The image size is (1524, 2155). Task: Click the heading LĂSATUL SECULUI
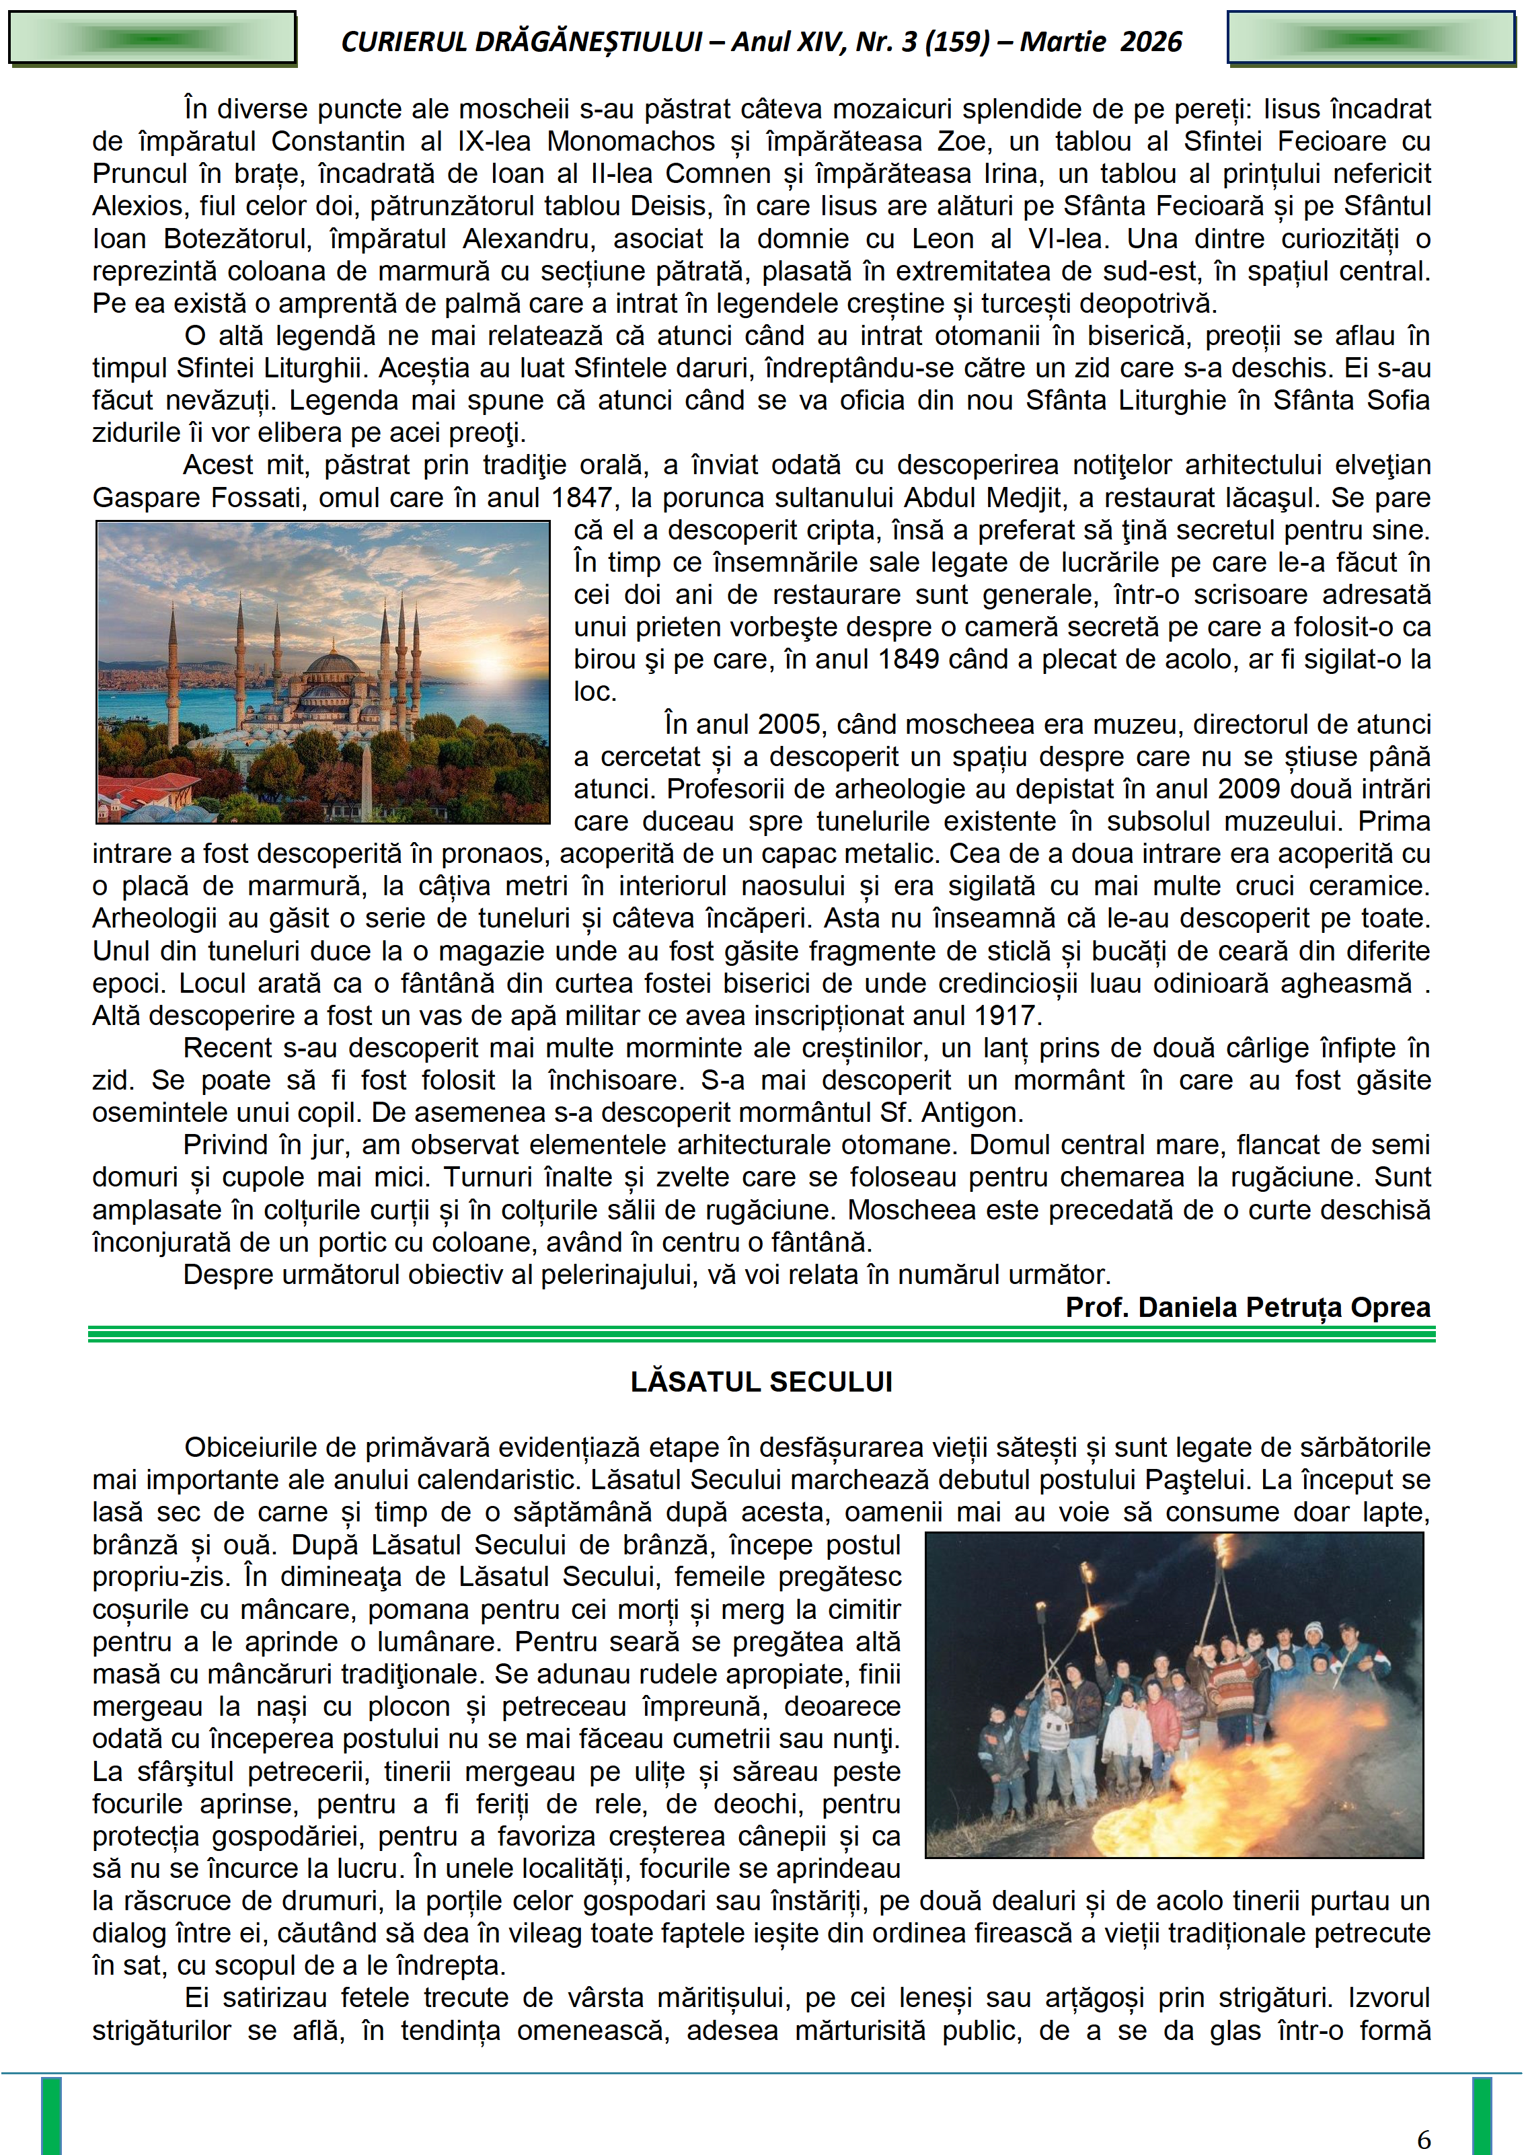tap(761, 1382)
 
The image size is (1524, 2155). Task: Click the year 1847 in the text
tap(581, 498)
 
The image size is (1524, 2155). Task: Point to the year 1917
tap(1006, 1016)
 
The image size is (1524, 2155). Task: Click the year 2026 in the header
tap(1151, 41)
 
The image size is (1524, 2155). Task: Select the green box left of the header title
tap(152, 38)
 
